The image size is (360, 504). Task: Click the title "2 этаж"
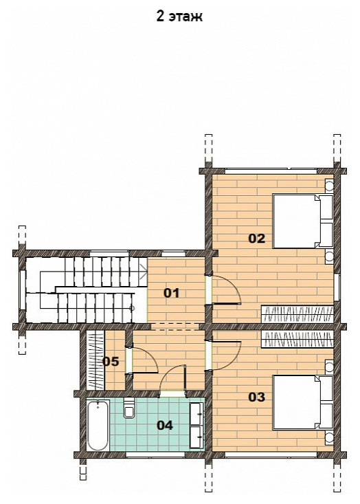(x=179, y=16)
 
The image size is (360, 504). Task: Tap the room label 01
(x=172, y=293)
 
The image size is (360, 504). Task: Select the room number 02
(x=257, y=239)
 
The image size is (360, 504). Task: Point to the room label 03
(x=257, y=397)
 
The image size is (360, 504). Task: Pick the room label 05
(x=111, y=362)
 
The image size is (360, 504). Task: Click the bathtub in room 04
(x=98, y=425)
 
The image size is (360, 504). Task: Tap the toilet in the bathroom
(x=129, y=408)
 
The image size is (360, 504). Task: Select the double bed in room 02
(x=302, y=221)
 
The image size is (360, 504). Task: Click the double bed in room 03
(x=302, y=402)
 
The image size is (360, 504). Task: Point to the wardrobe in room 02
(x=297, y=314)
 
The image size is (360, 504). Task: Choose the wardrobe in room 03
(x=297, y=340)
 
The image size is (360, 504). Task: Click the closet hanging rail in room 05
(x=95, y=360)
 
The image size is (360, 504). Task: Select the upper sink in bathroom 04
(x=197, y=413)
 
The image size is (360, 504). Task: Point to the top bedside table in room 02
(x=329, y=186)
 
